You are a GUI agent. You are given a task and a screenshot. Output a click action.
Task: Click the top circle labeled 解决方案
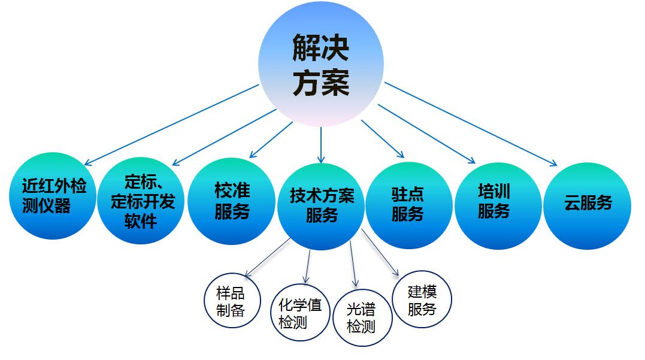tap(321, 64)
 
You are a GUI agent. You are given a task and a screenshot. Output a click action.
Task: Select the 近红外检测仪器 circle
tap(53, 196)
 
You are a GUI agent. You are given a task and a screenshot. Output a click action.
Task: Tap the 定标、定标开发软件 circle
tap(141, 201)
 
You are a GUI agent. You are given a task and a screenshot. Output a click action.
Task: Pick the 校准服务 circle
tap(232, 201)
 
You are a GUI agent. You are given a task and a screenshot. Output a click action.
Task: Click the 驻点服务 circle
tap(409, 205)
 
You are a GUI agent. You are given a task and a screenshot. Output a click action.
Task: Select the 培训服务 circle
tap(498, 205)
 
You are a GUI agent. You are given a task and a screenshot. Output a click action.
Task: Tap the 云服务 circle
tap(587, 205)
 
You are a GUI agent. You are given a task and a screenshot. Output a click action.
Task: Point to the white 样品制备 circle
tap(232, 300)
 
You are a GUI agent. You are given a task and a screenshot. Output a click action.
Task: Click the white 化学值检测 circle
tap(300, 313)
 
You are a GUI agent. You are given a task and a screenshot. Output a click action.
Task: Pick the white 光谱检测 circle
tap(362, 317)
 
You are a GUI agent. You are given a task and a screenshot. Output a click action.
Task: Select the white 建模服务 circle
tap(422, 299)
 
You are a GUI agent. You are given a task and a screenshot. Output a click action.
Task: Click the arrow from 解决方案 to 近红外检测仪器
tap(171, 125)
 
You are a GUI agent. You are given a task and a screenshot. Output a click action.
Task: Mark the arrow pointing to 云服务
tap(471, 124)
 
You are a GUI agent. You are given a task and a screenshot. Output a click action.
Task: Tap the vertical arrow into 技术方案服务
tap(321, 145)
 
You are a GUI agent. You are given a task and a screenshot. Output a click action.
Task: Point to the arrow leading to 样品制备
tap(267, 257)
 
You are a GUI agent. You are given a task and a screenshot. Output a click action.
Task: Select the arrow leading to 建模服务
tap(380, 252)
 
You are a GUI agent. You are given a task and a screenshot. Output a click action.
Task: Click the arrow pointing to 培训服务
tap(426, 134)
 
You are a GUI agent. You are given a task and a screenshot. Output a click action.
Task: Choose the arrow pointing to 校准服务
tap(271, 140)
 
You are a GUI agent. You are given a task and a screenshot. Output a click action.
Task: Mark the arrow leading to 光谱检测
tap(353, 264)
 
